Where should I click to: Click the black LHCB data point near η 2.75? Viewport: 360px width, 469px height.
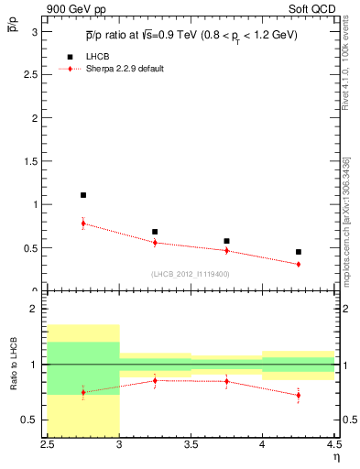coord(83,195)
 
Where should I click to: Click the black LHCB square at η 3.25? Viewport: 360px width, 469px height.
coord(155,232)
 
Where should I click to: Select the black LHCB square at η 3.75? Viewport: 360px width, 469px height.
coord(226,241)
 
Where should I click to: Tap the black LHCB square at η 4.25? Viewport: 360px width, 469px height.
coord(298,251)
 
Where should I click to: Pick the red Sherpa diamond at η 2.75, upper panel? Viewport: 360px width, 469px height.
coord(83,224)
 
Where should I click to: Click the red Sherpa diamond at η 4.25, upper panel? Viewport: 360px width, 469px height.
coord(298,264)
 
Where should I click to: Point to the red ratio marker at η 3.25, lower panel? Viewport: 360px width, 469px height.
coord(155,380)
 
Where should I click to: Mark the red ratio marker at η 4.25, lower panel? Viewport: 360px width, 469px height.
coord(298,396)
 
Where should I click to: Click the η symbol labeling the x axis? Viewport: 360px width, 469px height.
coord(335,457)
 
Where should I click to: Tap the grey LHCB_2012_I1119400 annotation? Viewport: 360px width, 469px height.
coord(190,274)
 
